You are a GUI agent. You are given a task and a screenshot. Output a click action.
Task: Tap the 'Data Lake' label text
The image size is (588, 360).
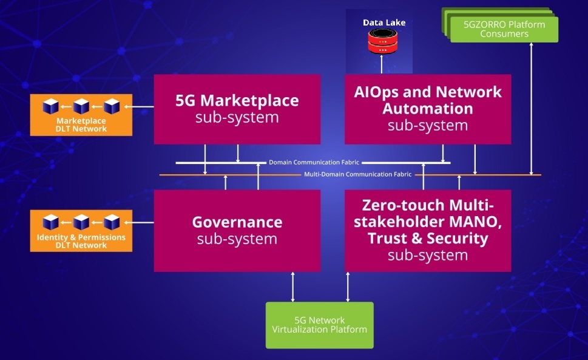[384, 22]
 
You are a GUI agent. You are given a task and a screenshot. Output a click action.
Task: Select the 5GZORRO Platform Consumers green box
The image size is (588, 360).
[504, 29]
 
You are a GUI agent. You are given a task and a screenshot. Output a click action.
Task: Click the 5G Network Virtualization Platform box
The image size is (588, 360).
[320, 325]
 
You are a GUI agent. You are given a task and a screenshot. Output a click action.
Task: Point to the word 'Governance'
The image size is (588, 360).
[237, 222]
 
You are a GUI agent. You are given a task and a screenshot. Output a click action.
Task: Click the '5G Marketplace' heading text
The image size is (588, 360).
[237, 100]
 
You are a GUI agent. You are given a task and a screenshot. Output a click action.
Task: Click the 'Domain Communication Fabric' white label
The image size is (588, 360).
[314, 163]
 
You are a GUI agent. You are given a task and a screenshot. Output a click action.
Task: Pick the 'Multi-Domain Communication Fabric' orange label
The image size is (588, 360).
[357, 174]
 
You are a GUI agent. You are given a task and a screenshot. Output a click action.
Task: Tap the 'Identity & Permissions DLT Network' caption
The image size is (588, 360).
[81, 241]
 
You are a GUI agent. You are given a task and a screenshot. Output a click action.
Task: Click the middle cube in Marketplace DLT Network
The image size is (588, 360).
[81, 107]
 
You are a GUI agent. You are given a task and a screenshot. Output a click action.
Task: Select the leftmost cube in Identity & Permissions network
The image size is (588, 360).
[50, 222]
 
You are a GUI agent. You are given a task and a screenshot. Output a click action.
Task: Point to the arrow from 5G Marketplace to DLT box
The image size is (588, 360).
[143, 107]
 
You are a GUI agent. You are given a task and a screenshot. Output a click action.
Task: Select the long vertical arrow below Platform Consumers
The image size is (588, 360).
[531, 109]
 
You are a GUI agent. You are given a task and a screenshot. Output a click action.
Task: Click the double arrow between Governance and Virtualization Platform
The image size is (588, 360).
[293, 287]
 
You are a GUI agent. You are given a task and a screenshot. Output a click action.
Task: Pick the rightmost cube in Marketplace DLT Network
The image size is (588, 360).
[112, 107]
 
